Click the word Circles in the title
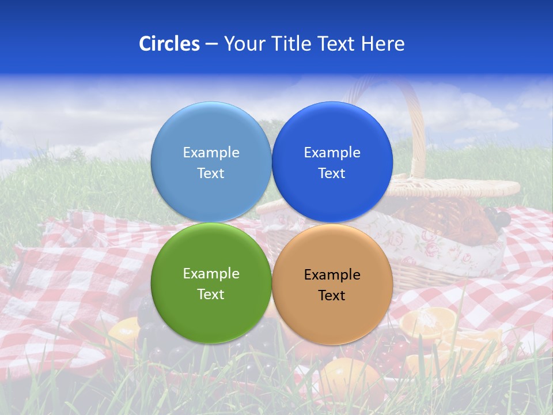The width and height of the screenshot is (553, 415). [x=169, y=44]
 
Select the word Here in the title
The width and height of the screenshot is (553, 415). [x=383, y=44]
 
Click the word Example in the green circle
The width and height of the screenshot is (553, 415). [x=211, y=274]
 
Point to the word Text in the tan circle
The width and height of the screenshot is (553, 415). [x=332, y=296]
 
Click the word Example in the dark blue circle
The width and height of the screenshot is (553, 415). [x=332, y=153]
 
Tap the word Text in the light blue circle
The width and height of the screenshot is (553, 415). [x=211, y=173]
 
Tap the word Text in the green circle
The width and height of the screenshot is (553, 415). [x=211, y=295]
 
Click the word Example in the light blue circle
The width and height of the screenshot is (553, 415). [x=211, y=153]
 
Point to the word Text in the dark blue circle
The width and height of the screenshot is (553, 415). [x=332, y=173]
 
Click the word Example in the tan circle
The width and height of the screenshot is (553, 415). [x=332, y=275]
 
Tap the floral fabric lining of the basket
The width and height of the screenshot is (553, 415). [x=438, y=245]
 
